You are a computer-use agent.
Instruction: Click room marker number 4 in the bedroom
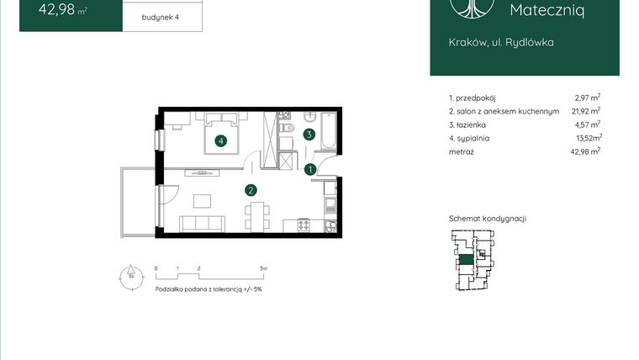click(221, 141)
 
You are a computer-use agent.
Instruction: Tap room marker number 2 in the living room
click(250, 190)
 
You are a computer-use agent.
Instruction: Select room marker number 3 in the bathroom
click(309, 134)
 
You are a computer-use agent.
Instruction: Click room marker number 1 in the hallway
click(310, 170)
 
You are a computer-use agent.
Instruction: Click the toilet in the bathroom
click(286, 128)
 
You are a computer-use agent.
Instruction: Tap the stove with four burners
click(303, 225)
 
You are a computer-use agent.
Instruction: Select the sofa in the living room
click(201, 224)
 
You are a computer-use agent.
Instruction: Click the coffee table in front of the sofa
click(203, 201)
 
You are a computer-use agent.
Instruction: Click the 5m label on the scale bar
click(263, 269)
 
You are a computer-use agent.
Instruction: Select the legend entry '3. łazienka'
click(468, 124)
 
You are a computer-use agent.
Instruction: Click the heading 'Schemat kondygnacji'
click(487, 218)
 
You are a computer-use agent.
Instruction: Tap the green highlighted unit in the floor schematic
click(465, 260)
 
